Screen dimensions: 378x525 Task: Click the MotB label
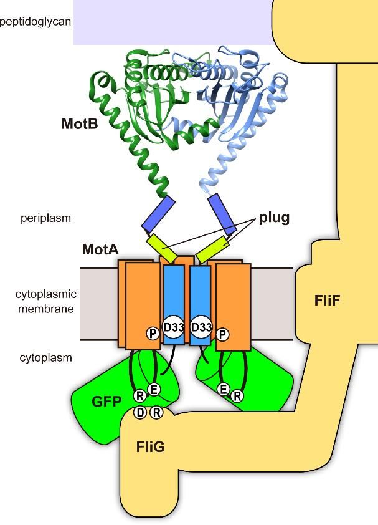tap(80, 124)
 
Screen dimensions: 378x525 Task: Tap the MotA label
tap(100, 249)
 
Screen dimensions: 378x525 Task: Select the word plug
tap(274, 218)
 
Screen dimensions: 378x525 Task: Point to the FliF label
tap(327, 301)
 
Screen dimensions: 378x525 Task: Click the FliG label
tap(150, 446)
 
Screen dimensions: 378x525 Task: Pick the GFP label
tap(106, 401)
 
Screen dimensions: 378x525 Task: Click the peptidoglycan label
tap(35, 22)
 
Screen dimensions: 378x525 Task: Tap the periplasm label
tap(46, 218)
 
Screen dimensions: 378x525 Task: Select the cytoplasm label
tap(46, 358)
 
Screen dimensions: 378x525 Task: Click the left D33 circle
tap(173, 327)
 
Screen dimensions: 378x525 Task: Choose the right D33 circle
tap(201, 327)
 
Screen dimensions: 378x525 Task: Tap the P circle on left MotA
tap(153, 334)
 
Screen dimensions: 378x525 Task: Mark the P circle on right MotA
tap(222, 334)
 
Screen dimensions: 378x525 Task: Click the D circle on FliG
tap(140, 413)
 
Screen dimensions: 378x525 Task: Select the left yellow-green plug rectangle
tap(162, 248)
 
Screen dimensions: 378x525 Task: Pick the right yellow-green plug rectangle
tap(212, 249)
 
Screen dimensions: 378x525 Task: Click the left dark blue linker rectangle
tap(158, 213)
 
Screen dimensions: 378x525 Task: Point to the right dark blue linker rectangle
tap(222, 214)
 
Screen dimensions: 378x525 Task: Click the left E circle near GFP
tap(154, 390)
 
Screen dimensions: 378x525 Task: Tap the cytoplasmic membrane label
tap(46, 301)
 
